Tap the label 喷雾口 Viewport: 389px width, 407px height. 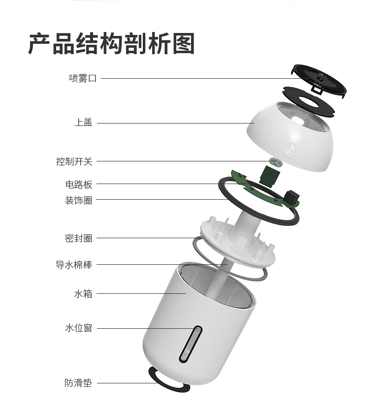tap(83, 78)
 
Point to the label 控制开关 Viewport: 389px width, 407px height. tap(74, 161)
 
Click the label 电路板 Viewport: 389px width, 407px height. tap(79, 185)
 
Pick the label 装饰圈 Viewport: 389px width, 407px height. tap(79, 200)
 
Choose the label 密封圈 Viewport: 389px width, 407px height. tap(79, 238)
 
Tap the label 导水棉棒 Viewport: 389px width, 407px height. tap(74, 264)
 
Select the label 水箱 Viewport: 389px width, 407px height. tap(83, 294)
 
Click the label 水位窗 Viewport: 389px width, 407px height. tap(79, 328)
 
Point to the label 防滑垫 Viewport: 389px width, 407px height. tap(79, 382)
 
